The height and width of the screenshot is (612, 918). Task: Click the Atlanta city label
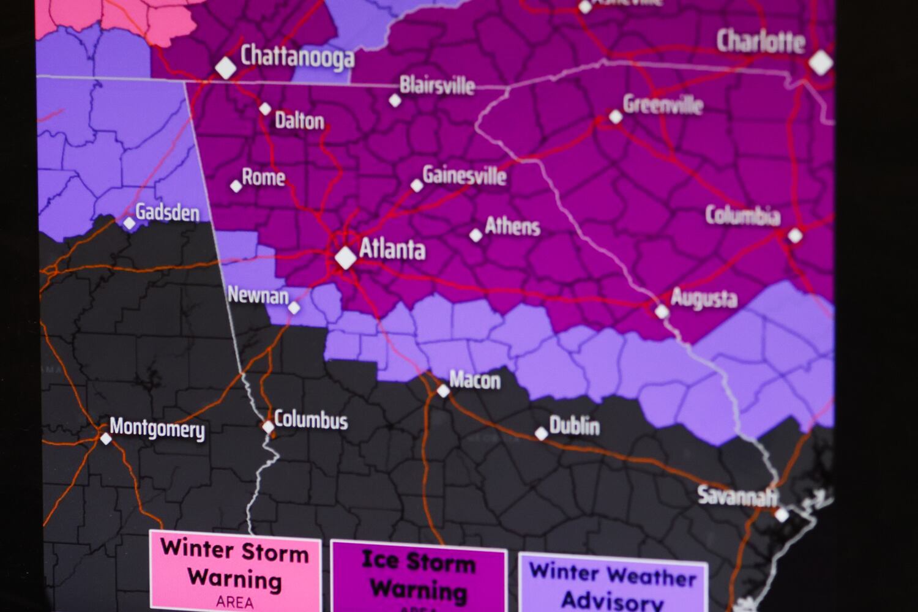pyautogui.click(x=392, y=249)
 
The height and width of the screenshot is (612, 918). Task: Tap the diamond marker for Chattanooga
pyautogui.click(x=225, y=67)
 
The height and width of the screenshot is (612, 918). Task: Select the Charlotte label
pyautogui.click(x=761, y=42)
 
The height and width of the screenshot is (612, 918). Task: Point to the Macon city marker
pyautogui.click(x=443, y=390)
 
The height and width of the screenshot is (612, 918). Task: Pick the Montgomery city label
pyautogui.click(x=157, y=428)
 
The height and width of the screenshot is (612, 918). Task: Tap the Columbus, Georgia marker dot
pyautogui.click(x=268, y=427)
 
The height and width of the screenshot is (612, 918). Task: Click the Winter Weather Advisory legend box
pyautogui.click(x=613, y=584)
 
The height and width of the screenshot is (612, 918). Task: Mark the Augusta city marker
pyautogui.click(x=662, y=312)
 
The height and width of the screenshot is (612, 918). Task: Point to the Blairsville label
pyautogui.click(x=437, y=85)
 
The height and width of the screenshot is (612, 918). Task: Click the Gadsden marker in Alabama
pyautogui.click(x=129, y=223)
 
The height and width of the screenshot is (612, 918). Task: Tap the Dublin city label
pyautogui.click(x=574, y=426)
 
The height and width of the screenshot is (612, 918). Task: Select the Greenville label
pyautogui.click(x=663, y=105)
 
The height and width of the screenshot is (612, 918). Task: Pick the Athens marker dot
pyautogui.click(x=476, y=235)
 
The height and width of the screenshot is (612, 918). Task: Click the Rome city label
pyautogui.click(x=264, y=177)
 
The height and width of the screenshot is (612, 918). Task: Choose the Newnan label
pyautogui.click(x=258, y=296)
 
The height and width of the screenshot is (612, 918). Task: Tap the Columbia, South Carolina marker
pyautogui.click(x=795, y=235)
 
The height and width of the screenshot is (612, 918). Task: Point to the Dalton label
pyautogui.click(x=299, y=121)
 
